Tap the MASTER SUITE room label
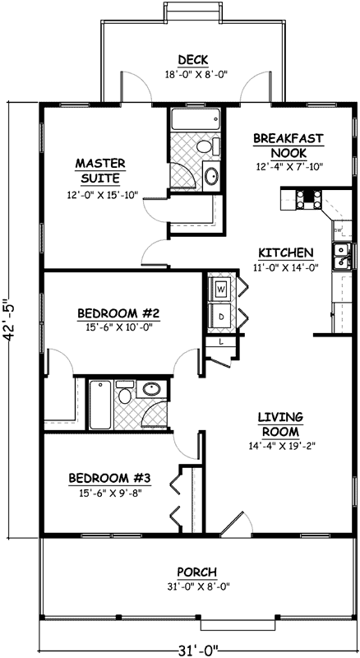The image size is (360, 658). click(x=99, y=170)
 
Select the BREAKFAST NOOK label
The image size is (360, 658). click(x=287, y=146)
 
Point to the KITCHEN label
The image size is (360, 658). click(x=284, y=253)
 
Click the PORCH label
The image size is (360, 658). click(x=197, y=572)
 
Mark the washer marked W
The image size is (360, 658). click(x=222, y=290)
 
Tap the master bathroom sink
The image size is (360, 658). click(x=210, y=175)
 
